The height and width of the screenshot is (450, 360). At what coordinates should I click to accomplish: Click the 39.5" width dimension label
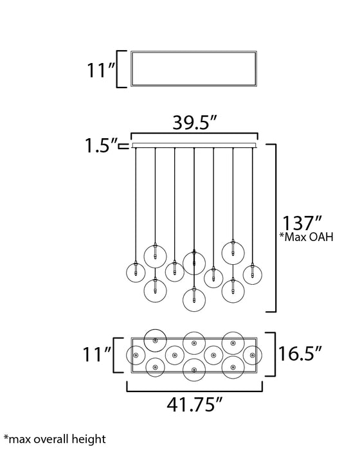(x=194, y=123)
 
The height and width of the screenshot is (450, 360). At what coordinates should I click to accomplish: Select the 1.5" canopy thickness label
(x=100, y=145)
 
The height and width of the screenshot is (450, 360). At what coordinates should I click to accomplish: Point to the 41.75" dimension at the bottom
(x=195, y=404)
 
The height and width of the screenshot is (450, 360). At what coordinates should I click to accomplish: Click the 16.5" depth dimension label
(x=300, y=354)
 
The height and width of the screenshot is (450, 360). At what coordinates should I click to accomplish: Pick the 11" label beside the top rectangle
(x=100, y=69)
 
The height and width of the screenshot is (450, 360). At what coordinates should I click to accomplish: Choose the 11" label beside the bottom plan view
(x=96, y=354)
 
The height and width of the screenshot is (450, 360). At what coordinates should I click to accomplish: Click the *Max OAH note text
(x=306, y=237)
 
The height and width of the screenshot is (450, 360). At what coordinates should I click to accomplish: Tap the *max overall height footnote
(x=55, y=439)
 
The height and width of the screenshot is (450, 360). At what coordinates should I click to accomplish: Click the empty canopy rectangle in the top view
(x=194, y=52)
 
